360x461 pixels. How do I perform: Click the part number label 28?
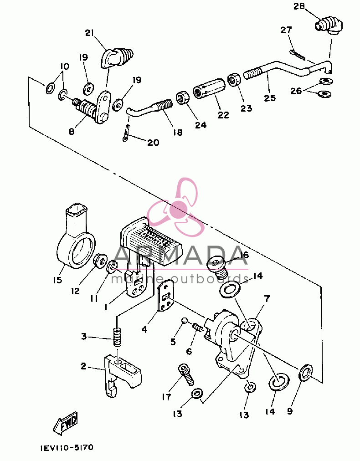tap(299, 6)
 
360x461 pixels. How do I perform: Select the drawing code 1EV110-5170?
tap(67, 448)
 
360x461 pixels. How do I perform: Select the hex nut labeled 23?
tap(234, 79)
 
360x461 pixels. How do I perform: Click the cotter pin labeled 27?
tap(297, 54)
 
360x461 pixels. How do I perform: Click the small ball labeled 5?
tap(185, 320)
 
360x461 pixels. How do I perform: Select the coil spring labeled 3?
tap(118, 338)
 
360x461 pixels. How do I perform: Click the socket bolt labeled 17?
tap(186, 374)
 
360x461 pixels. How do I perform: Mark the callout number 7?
tap(267, 299)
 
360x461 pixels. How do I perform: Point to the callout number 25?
tap(270, 97)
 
